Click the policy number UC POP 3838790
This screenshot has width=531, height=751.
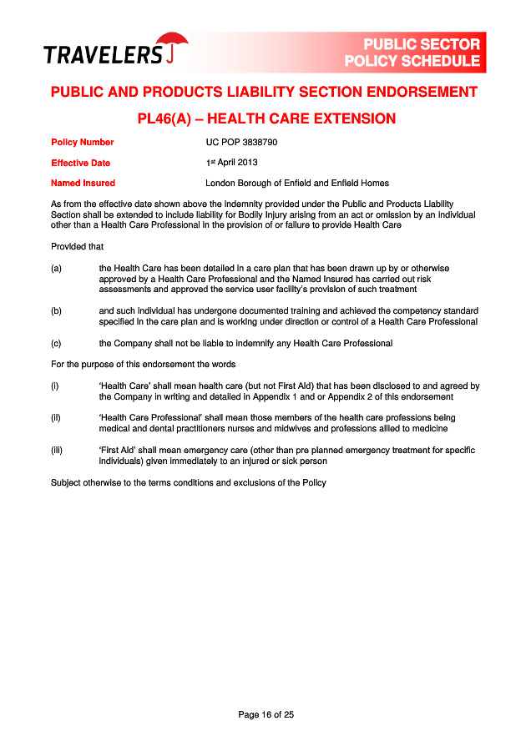click(x=241, y=143)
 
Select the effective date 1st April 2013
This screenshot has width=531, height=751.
click(x=231, y=163)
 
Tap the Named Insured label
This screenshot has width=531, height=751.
click(x=83, y=184)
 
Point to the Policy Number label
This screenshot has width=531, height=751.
click(x=82, y=143)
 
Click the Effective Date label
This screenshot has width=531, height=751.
click(x=80, y=164)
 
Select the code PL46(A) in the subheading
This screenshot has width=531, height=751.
click(x=169, y=119)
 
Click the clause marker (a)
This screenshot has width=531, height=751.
click(x=57, y=268)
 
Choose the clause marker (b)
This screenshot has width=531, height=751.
click(x=57, y=310)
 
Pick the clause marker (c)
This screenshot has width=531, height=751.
click(x=57, y=343)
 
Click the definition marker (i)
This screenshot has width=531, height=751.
click(x=55, y=386)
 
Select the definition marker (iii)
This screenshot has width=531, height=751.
click(x=57, y=451)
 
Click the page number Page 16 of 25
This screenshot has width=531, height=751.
click(x=265, y=714)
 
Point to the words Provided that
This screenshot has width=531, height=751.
click(x=77, y=247)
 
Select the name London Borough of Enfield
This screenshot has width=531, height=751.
click(x=259, y=184)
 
